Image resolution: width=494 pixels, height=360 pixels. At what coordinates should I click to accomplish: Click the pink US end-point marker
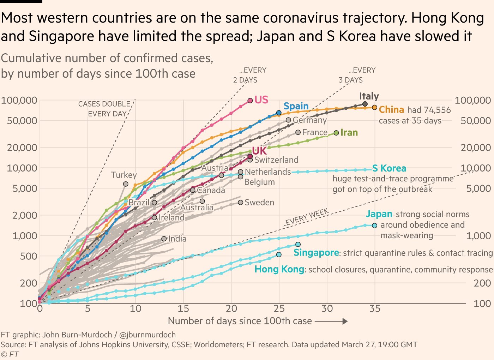(x=250, y=101)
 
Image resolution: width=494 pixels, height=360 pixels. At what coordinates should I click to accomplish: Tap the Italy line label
(x=369, y=96)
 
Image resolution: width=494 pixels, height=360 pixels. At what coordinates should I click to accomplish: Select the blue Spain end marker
(x=279, y=113)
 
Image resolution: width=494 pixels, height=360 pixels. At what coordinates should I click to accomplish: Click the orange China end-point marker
(x=374, y=107)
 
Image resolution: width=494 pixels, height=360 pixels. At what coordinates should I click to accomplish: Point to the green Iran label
(x=349, y=133)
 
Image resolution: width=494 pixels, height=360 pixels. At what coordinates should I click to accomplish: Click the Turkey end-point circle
(x=126, y=184)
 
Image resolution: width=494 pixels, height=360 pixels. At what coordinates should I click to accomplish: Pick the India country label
(x=177, y=239)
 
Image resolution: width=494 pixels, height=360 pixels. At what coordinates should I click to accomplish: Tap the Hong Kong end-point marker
(x=279, y=254)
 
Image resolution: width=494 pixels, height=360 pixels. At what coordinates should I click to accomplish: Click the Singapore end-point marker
(x=298, y=244)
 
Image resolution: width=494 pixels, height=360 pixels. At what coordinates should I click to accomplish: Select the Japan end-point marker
(x=374, y=226)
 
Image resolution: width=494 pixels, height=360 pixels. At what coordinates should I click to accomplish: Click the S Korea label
(x=389, y=168)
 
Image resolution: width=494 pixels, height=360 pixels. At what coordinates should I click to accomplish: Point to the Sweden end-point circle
(x=241, y=202)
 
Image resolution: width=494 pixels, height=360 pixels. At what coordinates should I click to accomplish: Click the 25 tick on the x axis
(x=279, y=309)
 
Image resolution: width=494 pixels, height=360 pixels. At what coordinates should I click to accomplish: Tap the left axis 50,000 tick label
(x=22, y=121)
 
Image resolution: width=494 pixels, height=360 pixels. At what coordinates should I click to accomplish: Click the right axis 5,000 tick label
(x=478, y=188)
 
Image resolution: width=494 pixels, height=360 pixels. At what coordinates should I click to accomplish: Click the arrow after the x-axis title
(x=331, y=322)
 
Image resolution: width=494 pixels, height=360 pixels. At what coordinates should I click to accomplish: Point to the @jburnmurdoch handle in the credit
(x=147, y=335)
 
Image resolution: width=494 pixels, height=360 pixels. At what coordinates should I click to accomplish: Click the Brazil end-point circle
(x=155, y=203)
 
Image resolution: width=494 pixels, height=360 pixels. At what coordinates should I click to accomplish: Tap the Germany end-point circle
(x=289, y=120)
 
